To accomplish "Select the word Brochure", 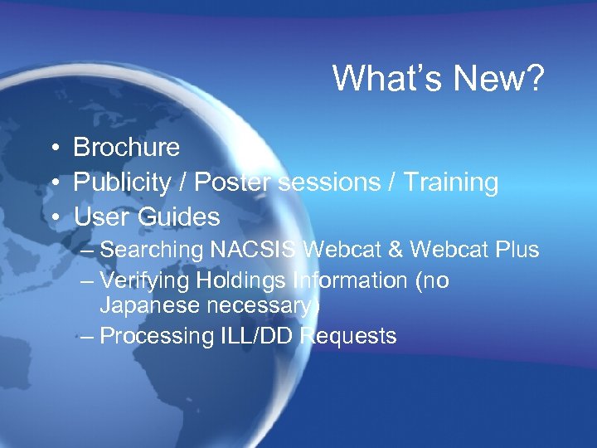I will click(x=126, y=148).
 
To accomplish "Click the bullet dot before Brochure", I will click(x=52, y=149).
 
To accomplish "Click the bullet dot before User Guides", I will click(x=52, y=218).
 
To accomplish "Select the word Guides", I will click(x=180, y=217).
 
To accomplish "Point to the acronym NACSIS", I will click(x=253, y=250).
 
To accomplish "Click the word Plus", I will click(x=515, y=250).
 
